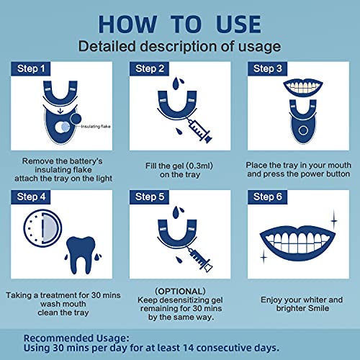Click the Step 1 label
click(31, 69)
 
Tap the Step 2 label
click(149, 69)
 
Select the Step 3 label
click(268, 69)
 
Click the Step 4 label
click(31, 197)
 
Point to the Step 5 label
click(149, 197)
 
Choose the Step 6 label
click(268, 197)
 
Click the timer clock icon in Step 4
click(42, 228)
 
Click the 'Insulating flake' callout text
click(96, 126)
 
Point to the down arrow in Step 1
click(60, 111)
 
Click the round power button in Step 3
click(303, 130)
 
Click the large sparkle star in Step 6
click(334, 220)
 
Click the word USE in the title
click(238, 24)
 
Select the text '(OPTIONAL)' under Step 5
click(180, 292)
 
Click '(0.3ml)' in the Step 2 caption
click(199, 166)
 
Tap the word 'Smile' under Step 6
click(315, 308)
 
